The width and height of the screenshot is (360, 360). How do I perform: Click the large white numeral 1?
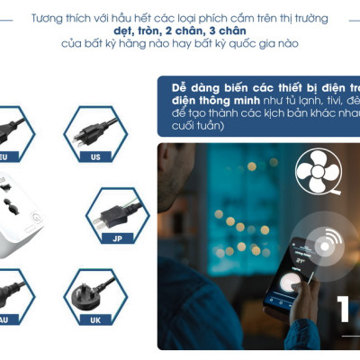[345, 308]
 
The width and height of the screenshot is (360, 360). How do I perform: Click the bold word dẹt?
[130, 31]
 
